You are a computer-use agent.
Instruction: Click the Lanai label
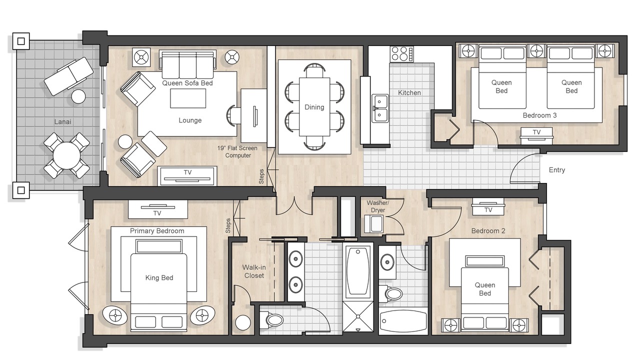[x=62, y=122]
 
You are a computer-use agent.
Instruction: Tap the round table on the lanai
[x=67, y=155]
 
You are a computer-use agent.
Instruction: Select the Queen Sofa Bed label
[x=187, y=83]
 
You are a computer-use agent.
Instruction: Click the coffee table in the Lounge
[x=188, y=98]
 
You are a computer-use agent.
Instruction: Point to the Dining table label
[x=314, y=107]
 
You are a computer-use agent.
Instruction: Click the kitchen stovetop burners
[x=401, y=54]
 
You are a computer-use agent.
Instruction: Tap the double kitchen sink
[x=380, y=108]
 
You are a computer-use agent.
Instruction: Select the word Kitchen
[x=409, y=93]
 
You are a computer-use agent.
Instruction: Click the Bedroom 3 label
[x=539, y=115]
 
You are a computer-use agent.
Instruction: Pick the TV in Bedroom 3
[x=536, y=136]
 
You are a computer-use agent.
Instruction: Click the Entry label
[x=557, y=170]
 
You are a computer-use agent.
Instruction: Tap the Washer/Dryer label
[x=377, y=206]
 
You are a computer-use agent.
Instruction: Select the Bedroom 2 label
[x=488, y=231]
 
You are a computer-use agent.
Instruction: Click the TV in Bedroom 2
[x=488, y=207]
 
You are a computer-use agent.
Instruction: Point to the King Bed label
[x=159, y=277]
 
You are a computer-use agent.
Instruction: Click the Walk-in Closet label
[x=254, y=271]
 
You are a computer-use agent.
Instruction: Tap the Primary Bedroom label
[x=157, y=231]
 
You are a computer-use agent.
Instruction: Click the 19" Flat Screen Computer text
[x=237, y=151]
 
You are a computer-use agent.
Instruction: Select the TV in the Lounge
[x=187, y=175]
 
